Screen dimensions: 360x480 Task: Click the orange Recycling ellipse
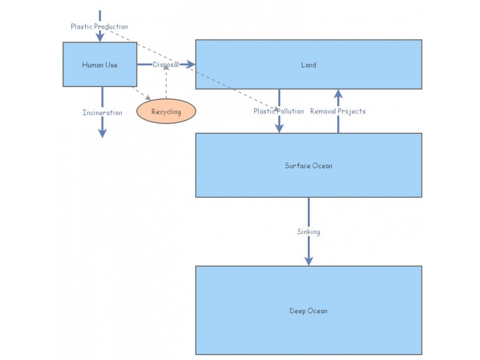coord(166,112)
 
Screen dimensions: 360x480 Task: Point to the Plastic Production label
coord(99,26)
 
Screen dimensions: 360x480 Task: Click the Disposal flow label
coord(166,64)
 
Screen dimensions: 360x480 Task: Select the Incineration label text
coord(102,113)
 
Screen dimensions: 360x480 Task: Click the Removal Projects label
coord(338,111)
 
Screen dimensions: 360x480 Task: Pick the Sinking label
coord(308,232)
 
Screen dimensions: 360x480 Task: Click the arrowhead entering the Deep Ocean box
coord(308,260)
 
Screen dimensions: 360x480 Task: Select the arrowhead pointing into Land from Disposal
coord(190,64)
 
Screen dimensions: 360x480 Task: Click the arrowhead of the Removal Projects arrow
coord(338,94)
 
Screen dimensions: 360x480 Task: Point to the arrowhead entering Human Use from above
coord(100,37)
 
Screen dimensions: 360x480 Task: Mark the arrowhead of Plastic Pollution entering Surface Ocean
coord(279,128)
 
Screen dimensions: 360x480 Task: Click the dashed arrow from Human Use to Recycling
coord(142,94)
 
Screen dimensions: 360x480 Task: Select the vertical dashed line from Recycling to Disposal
coord(166,84)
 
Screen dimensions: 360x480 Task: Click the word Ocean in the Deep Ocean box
coord(317,311)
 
